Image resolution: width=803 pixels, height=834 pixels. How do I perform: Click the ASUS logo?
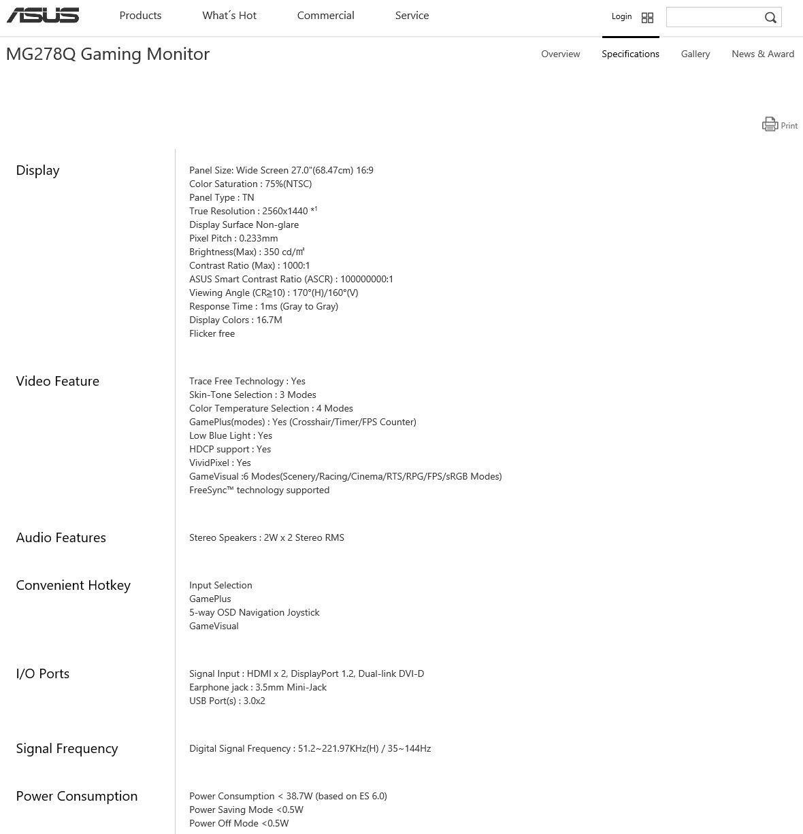point(43,16)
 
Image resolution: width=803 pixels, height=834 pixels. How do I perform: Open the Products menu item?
point(140,16)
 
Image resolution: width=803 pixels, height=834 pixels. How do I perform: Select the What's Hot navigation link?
point(229,16)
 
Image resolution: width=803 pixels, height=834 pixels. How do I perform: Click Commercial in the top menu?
point(325,16)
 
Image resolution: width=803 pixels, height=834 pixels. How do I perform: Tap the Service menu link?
point(412,16)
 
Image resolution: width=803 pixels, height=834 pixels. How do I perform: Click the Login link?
point(621,16)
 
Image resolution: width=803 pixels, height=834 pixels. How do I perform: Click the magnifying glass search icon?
point(770,18)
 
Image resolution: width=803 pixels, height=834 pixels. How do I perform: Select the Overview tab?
point(560,54)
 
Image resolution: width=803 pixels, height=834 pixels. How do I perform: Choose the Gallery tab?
point(695,54)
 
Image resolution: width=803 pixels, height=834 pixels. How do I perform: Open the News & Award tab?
point(763,54)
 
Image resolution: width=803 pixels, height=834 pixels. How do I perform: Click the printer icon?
point(770,124)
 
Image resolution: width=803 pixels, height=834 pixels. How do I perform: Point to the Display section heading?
point(37,170)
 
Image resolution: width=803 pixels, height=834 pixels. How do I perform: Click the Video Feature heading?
point(57,381)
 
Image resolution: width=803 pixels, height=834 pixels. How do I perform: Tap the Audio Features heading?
point(61,537)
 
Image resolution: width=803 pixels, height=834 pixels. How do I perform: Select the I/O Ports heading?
point(42,673)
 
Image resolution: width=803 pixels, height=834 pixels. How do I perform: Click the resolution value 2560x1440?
point(284,211)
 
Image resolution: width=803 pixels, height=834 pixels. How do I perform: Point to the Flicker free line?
point(212,333)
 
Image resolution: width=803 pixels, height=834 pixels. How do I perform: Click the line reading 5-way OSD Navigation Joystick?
point(254,612)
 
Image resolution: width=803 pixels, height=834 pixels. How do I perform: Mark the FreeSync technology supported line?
point(259,490)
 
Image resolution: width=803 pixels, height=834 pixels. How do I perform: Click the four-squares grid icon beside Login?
point(647,18)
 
